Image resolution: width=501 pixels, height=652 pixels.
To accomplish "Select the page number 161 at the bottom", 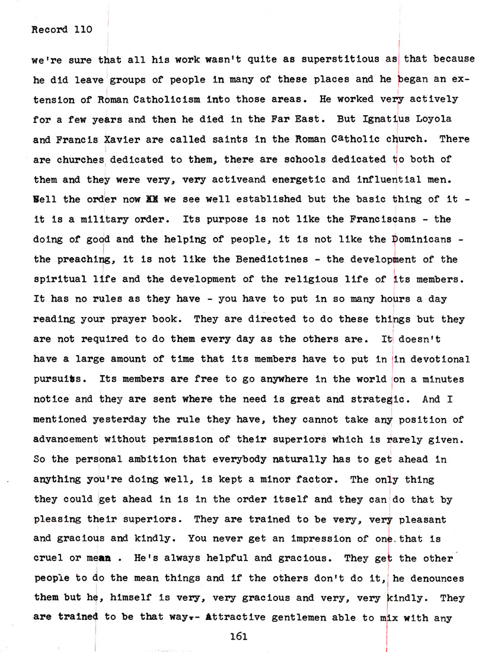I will click(x=238, y=636).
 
